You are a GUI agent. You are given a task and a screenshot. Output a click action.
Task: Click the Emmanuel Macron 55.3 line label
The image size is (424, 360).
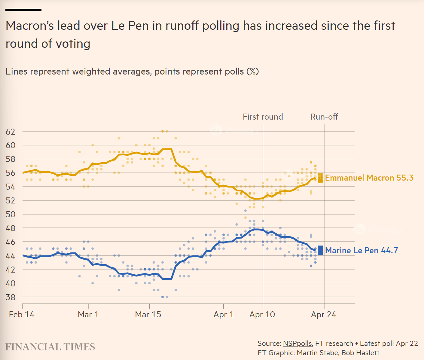click(369, 178)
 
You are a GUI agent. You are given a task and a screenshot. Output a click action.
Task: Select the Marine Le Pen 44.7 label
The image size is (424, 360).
click(361, 251)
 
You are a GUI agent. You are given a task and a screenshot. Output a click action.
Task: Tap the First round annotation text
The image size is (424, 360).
click(263, 117)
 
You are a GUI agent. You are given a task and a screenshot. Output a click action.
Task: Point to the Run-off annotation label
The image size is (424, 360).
click(324, 117)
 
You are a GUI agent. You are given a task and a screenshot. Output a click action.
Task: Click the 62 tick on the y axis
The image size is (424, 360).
click(11, 132)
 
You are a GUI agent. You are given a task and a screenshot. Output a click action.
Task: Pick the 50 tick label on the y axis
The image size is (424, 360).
click(11, 214)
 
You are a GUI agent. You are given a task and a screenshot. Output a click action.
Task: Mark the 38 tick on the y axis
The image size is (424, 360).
click(11, 297)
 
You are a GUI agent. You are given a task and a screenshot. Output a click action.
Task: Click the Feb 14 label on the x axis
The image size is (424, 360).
click(22, 315)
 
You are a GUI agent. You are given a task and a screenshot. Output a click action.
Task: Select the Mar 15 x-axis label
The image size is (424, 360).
click(148, 315)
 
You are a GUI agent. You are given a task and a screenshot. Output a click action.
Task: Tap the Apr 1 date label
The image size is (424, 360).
click(224, 315)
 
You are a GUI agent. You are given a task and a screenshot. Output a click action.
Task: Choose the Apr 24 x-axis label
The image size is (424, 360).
click(324, 315)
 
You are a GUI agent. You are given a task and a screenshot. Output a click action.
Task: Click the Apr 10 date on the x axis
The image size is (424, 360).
click(262, 315)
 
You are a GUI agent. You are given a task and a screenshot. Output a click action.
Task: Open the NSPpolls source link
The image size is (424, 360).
click(297, 343)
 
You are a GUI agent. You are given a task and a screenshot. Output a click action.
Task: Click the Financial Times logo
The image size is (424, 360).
click(50, 347)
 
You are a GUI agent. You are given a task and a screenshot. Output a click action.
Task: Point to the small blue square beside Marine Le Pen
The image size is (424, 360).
click(321, 250)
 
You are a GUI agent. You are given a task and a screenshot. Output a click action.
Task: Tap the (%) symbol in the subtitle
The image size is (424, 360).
click(253, 72)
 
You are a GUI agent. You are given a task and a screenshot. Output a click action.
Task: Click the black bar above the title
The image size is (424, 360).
click(23, 10)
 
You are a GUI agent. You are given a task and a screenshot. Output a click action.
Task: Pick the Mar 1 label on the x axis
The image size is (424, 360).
click(88, 315)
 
